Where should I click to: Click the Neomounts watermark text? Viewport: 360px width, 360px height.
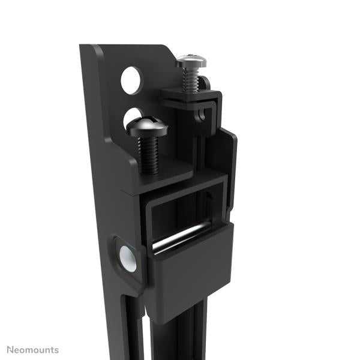[33, 349]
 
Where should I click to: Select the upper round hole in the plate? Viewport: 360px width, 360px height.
[132, 79]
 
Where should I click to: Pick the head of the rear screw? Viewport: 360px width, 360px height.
[191, 61]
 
